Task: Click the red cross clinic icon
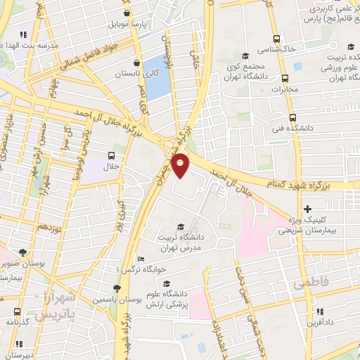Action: pos(307,210)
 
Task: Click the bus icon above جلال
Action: pos(111,156)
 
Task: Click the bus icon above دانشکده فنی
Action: pos(292,118)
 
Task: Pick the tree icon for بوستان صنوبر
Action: pos(24,252)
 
